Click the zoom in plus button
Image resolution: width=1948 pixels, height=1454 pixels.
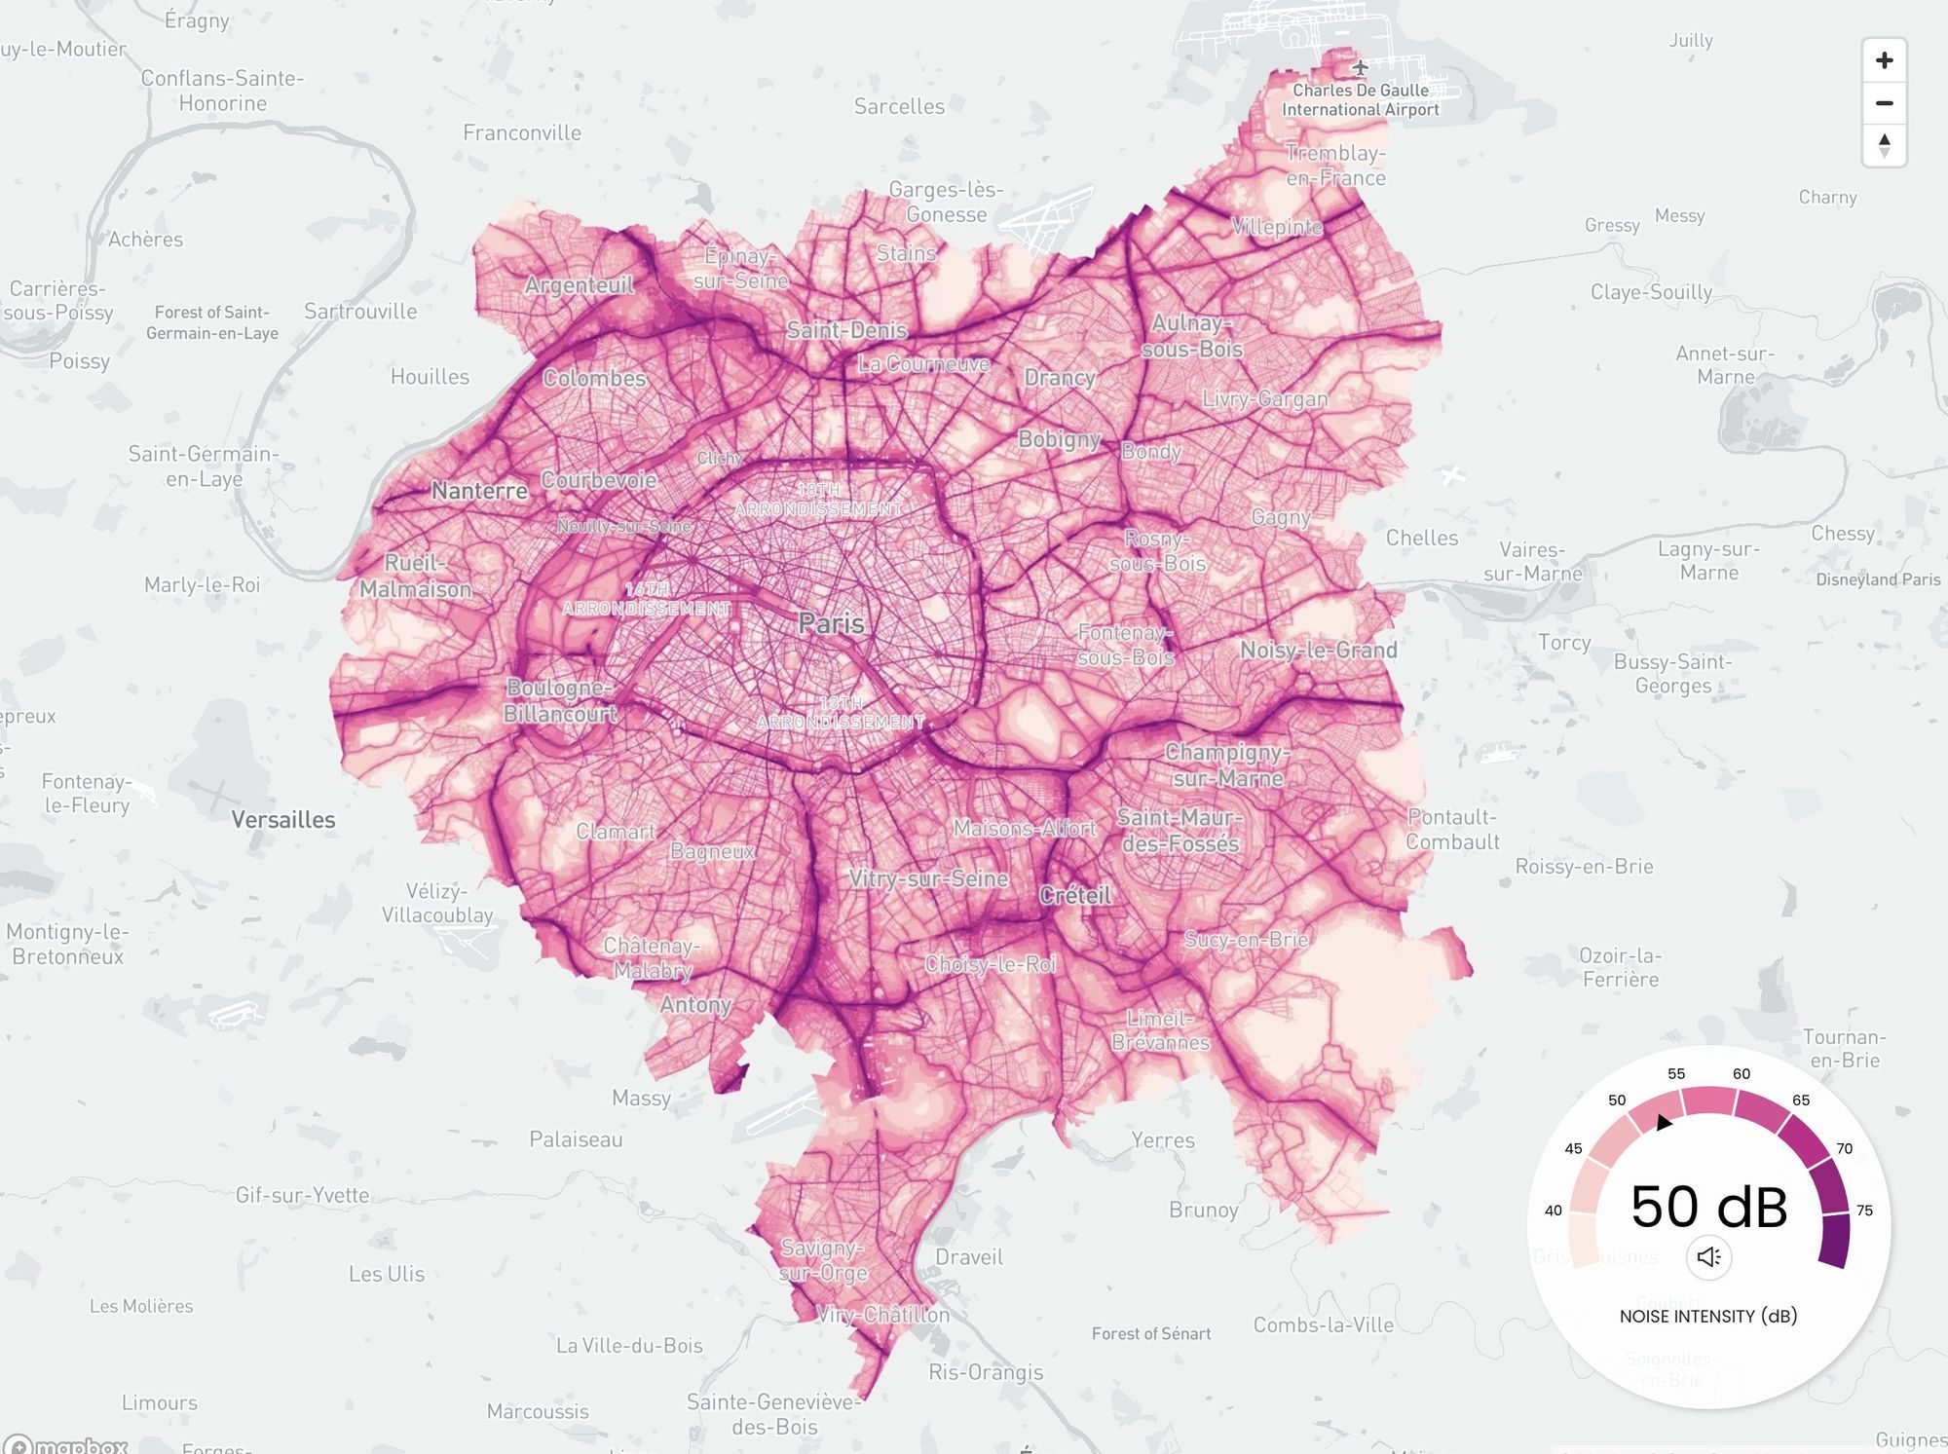coord(1884,60)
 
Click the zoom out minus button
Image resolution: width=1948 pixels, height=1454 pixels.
coord(1884,103)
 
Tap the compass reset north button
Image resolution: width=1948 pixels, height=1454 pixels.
coord(1884,145)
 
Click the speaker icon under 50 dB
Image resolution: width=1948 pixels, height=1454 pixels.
coord(1708,1257)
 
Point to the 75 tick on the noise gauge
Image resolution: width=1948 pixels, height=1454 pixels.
coord(1864,1211)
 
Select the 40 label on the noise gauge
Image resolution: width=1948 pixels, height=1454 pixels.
coord(1554,1211)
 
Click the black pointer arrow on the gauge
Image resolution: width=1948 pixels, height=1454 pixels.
coord(1664,1123)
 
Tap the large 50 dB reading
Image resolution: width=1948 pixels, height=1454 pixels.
coord(1708,1207)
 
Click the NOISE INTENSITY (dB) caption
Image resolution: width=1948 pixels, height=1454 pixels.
coord(1708,1317)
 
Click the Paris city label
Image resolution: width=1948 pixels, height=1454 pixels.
coord(831,623)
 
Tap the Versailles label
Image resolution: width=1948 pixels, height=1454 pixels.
coord(283,820)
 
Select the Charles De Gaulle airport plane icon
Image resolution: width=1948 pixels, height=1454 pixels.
coord(1360,67)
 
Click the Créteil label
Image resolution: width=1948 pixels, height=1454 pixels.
coord(1075,895)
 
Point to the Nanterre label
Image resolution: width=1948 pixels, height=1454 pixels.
coord(479,491)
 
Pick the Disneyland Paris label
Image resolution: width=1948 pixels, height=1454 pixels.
coord(1878,579)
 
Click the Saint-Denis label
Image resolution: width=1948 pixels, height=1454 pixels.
coord(846,330)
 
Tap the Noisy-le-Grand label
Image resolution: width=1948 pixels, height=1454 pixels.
coord(1318,651)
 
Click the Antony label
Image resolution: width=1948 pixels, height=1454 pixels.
coord(695,1004)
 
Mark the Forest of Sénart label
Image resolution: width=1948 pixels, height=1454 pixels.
coord(1151,1333)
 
